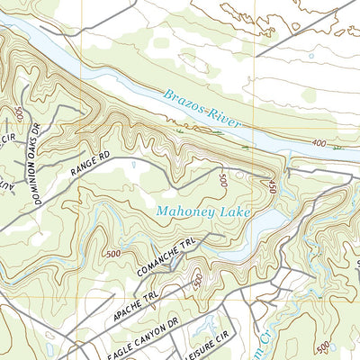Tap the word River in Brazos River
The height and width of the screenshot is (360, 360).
(x=224, y=113)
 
